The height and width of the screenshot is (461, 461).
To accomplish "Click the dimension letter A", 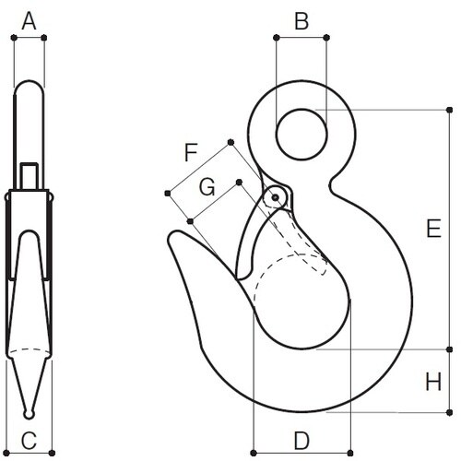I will pyautogui.click(x=29, y=20).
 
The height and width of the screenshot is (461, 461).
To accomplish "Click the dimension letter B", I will pyautogui.click(x=301, y=19).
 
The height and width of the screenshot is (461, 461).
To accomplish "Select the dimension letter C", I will pyautogui.click(x=29, y=440).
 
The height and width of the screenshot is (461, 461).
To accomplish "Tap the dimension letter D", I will pyautogui.click(x=302, y=440).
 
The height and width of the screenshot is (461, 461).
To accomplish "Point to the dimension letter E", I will pyautogui.click(x=431, y=230).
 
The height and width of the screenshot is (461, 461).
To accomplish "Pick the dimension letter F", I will pyautogui.click(x=191, y=152).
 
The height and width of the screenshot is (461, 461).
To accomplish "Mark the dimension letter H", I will pyautogui.click(x=431, y=381).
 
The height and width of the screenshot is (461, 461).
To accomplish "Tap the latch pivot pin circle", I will pyautogui.click(x=273, y=197).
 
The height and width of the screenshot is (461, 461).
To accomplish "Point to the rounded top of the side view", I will pyautogui.click(x=30, y=88).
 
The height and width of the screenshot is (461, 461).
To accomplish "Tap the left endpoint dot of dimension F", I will pyautogui.click(x=167, y=193).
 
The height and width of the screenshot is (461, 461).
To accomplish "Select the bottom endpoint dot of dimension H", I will pyautogui.click(x=451, y=412).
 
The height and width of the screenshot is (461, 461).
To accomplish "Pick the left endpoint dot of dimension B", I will pyautogui.click(x=276, y=38).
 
